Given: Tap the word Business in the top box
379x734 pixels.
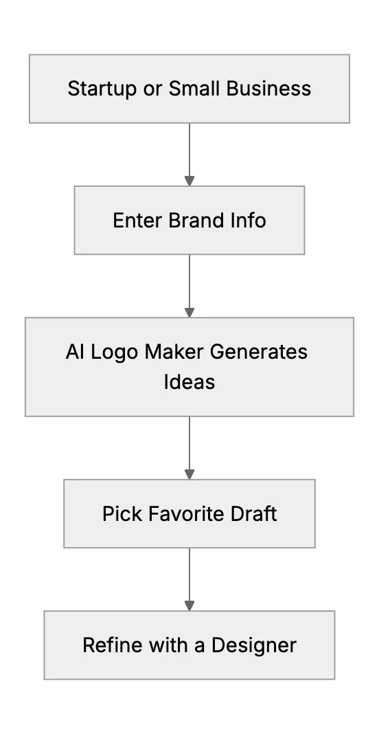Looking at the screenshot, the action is (x=268, y=89).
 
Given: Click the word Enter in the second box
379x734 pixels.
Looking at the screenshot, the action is (x=137, y=221).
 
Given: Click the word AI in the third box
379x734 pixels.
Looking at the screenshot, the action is (x=75, y=352).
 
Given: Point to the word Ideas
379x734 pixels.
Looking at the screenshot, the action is (x=189, y=381).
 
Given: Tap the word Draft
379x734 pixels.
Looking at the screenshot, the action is (x=253, y=513).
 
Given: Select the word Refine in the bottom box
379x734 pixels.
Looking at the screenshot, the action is (x=113, y=645).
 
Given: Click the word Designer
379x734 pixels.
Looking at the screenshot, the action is (x=254, y=646).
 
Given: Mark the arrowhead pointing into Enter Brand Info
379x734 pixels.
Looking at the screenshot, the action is (x=189, y=181).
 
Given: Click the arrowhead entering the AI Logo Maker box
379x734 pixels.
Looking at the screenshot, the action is (x=189, y=312).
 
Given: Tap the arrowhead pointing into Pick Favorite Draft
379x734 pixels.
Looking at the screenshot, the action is (x=189, y=474).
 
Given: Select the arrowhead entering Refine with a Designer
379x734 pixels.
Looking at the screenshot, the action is (x=189, y=605).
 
